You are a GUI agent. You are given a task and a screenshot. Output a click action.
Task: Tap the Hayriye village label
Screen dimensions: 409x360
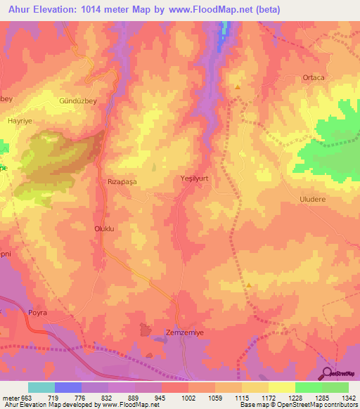(21, 121)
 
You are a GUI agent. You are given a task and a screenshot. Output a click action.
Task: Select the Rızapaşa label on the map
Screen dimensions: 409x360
(120, 181)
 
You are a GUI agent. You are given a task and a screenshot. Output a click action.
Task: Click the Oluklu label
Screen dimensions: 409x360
(104, 228)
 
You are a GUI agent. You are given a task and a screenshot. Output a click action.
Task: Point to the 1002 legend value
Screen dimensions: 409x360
(188, 397)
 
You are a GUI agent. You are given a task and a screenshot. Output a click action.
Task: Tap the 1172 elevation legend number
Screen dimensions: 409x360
(269, 397)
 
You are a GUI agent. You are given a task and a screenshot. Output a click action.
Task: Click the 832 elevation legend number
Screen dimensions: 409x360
(108, 397)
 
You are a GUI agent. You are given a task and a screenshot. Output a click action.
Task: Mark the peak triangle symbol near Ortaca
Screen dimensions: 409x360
(238, 88)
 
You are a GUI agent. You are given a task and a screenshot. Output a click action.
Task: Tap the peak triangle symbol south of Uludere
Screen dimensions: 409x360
(250, 285)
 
